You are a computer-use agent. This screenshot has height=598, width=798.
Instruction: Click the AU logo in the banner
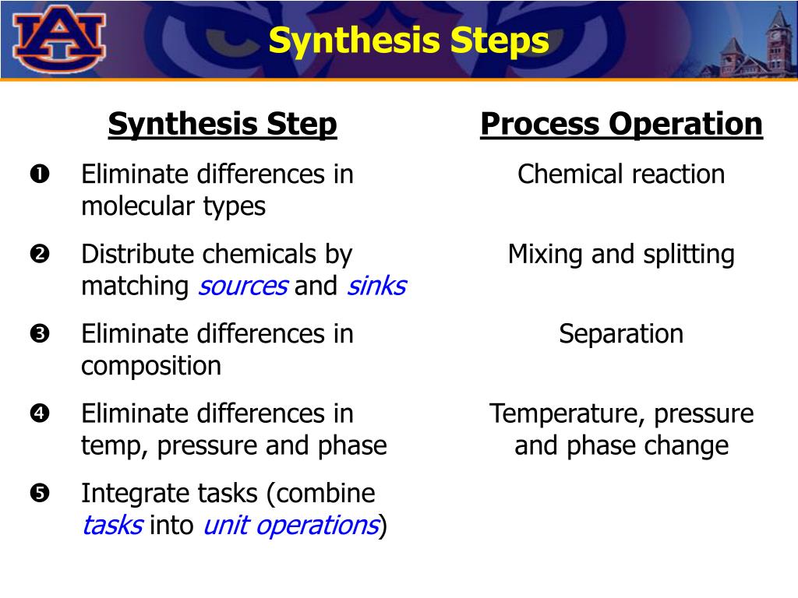(x=59, y=38)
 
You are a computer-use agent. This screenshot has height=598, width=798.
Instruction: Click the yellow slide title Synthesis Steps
(x=408, y=40)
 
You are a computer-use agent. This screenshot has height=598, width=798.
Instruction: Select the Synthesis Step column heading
(x=222, y=124)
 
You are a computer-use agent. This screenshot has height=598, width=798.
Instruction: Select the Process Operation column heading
(x=621, y=124)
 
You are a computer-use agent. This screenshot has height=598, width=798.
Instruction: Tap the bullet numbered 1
(x=40, y=174)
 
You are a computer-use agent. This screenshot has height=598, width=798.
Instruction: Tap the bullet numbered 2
(x=40, y=254)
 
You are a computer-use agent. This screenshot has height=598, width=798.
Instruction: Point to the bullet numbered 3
(x=40, y=333)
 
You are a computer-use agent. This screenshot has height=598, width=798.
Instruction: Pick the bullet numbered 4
(x=40, y=413)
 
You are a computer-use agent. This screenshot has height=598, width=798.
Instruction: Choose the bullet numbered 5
(x=40, y=493)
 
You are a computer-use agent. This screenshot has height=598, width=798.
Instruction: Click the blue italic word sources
(x=243, y=287)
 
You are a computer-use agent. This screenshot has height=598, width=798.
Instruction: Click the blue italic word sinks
(x=376, y=287)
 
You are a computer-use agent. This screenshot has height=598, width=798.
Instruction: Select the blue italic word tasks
(x=112, y=526)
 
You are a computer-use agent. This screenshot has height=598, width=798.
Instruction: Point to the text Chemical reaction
(x=621, y=174)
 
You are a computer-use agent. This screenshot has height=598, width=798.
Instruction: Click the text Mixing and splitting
(x=621, y=255)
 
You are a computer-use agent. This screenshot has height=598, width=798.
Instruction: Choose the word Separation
(x=621, y=335)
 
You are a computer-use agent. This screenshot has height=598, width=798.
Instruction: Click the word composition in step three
(x=151, y=367)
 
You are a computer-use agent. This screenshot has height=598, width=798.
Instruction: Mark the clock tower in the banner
(x=779, y=38)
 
